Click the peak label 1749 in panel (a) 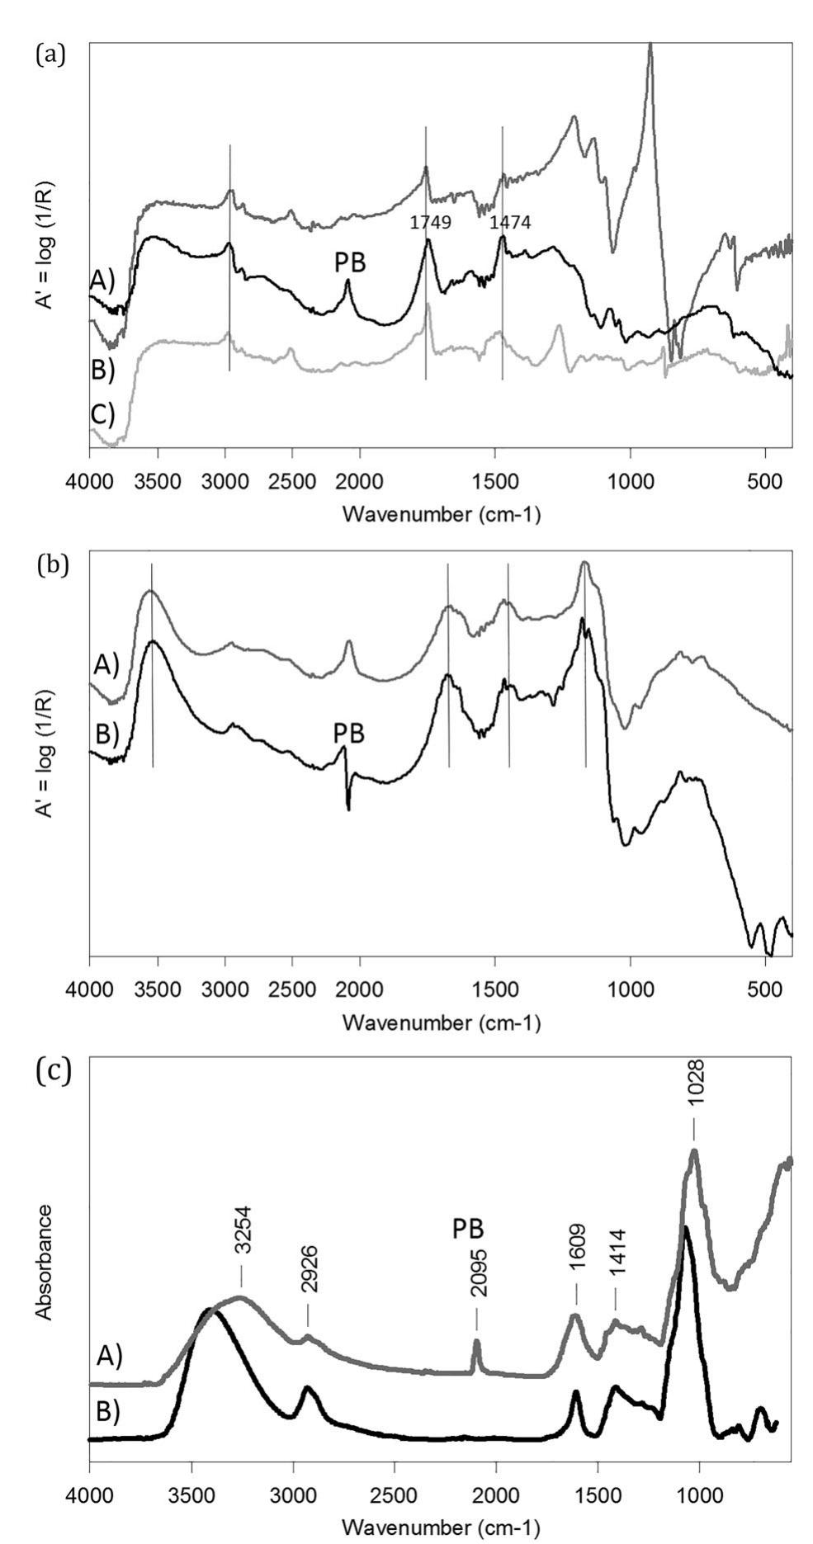click(431, 222)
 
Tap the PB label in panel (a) click(350, 263)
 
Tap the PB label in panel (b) click(349, 732)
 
